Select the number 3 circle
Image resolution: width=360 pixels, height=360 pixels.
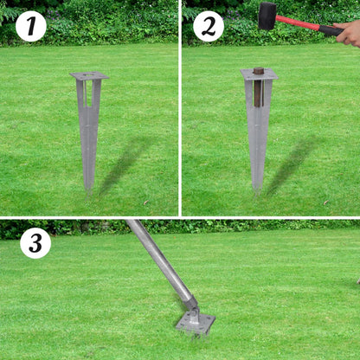pos(35,243)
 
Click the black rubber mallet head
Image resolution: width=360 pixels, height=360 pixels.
pos(267,15)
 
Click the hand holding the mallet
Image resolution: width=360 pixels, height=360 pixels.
pos(349,34)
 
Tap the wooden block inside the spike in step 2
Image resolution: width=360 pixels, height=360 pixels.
pos(258,87)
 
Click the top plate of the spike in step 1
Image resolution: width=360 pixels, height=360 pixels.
pos(89,76)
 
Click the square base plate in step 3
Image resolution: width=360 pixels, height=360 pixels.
pos(195,324)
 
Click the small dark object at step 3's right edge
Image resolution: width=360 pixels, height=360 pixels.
pos(357,280)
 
